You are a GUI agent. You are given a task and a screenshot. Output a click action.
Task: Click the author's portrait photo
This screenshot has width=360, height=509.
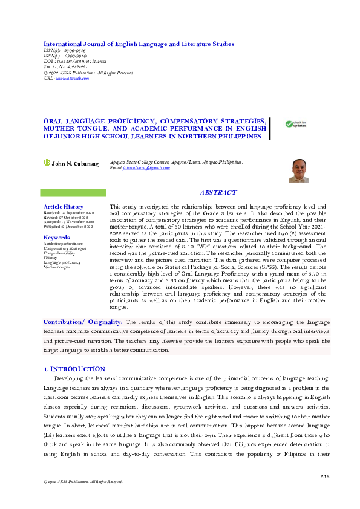tap(299, 171)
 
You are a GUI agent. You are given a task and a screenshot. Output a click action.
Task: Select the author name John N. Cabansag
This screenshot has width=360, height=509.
tap(76, 163)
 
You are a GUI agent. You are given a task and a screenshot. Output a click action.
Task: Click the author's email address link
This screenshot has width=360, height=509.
tap(146, 167)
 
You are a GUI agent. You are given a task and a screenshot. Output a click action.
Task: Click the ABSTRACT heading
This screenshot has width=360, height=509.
tap(218, 192)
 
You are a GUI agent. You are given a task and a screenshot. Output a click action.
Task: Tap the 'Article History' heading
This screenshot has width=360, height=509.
tap(64, 207)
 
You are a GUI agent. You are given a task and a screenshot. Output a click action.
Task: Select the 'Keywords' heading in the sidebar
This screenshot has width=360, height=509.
tap(57, 238)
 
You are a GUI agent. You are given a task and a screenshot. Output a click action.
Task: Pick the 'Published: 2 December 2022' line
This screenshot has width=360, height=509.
tap(68, 227)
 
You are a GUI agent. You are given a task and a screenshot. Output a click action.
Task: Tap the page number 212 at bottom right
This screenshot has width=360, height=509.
tap(325, 476)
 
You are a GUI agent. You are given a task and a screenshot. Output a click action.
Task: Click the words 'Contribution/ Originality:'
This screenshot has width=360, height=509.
tap(83, 323)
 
